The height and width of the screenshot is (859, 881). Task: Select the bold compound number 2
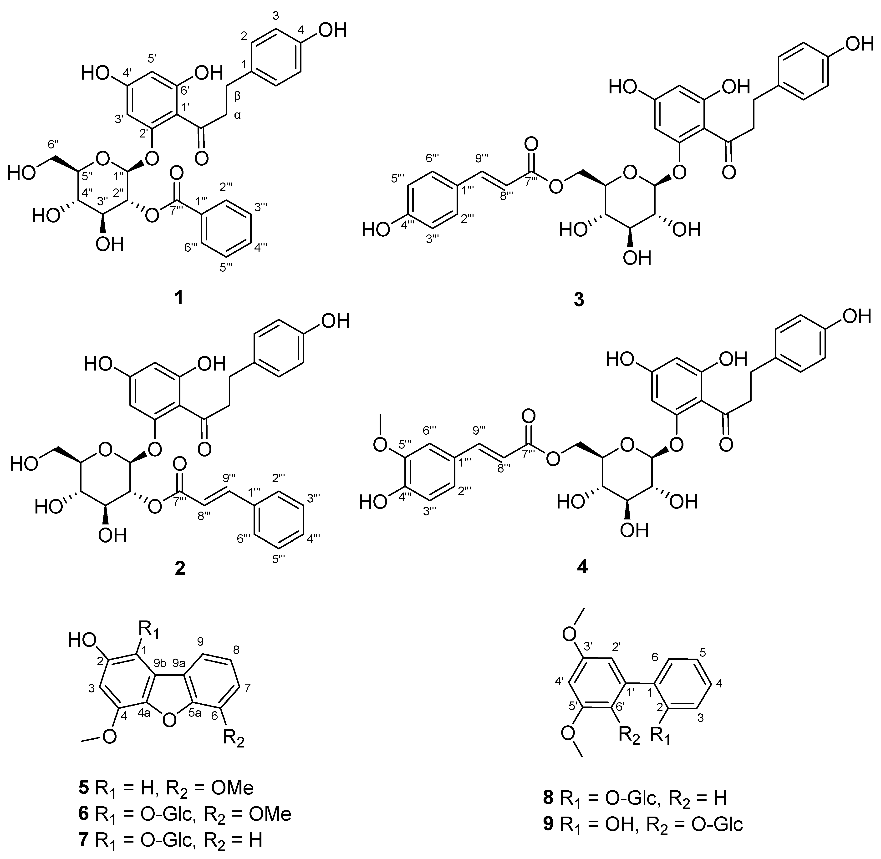coord(179,569)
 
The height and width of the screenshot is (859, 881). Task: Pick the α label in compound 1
coord(238,116)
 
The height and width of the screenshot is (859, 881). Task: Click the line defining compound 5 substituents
coord(166,788)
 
